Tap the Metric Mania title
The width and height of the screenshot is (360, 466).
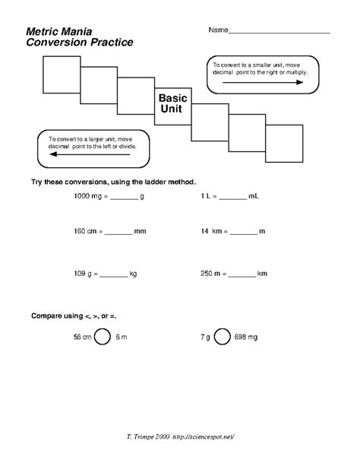58,33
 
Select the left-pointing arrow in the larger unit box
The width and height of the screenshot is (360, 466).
87,154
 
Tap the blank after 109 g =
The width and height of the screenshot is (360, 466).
114,273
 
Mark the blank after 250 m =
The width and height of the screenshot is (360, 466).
242,273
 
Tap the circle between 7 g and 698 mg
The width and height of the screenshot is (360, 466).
223,335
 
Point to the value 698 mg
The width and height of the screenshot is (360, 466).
247,335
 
